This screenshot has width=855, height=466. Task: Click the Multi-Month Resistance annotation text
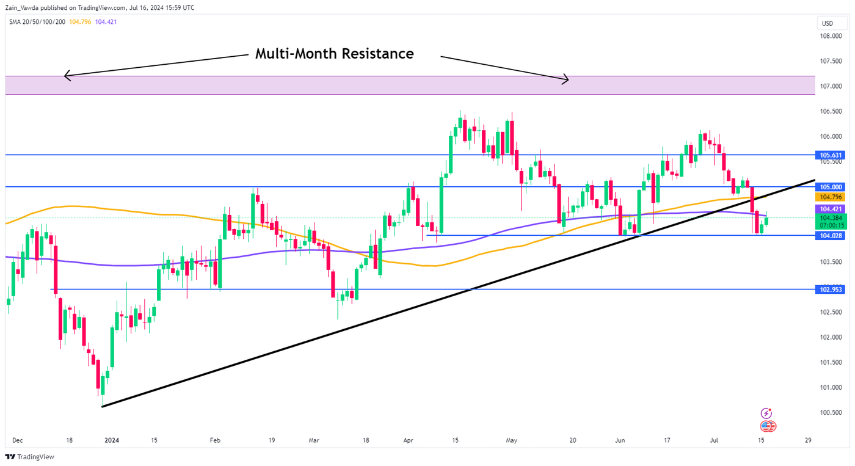click(334, 54)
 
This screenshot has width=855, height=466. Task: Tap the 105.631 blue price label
click(831, 155)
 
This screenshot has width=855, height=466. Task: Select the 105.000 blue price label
click(831, 187)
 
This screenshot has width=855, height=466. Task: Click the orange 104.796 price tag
click(831, 197)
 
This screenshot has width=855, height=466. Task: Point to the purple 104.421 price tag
click(831, 209)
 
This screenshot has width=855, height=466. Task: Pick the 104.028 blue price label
click(831, 236)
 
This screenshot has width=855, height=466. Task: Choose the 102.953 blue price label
click(831, 289)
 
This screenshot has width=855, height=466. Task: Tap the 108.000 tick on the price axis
click(832, 36)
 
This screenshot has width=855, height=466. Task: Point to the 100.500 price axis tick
click(832, 413)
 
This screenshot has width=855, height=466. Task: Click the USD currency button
click(828, 24)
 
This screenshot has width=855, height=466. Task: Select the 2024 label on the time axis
click(111, 440)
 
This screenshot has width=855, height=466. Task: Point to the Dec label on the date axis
click(17, 440)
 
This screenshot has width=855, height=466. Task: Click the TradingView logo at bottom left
click(30, 457)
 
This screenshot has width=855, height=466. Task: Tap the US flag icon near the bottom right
click(768, 426)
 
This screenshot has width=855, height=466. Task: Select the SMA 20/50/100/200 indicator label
click(38, 22)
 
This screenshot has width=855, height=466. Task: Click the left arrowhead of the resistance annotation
click(66, 76)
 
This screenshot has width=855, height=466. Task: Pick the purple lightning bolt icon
click(766, 413)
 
